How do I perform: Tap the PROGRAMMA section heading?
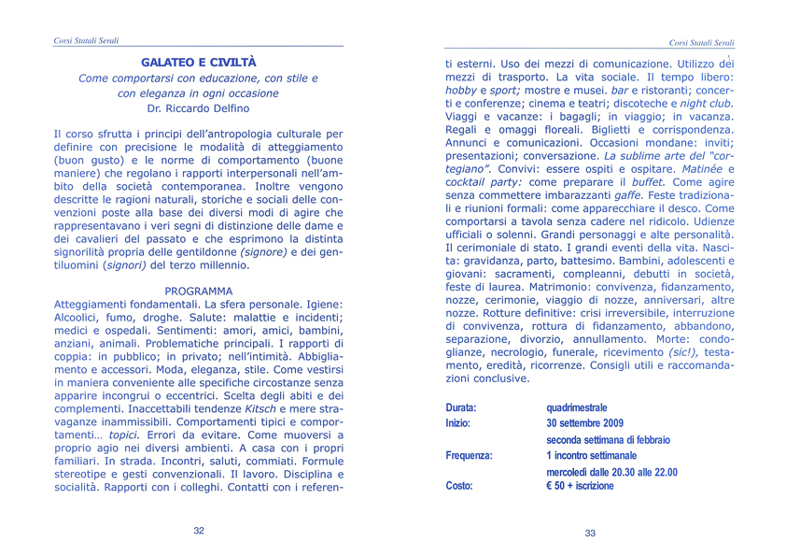[x=198, y=291]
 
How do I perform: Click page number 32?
[x=199, y=530]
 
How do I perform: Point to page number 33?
[x=590, y=533]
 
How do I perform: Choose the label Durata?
[x=461, y=408]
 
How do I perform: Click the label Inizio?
[x=457, y=423]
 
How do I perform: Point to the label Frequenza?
[x=469, y=455]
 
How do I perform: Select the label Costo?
[x=459, y=486]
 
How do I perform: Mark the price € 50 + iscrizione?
[x=581, y=486]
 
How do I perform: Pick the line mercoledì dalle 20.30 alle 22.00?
[x=611, y=472]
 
